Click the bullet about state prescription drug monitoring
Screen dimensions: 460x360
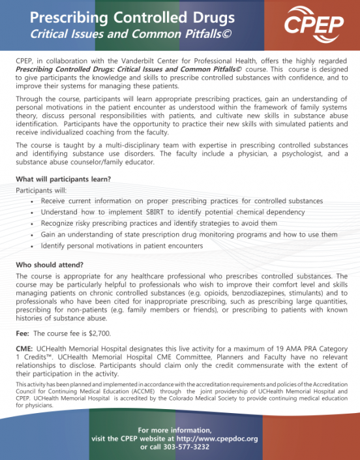[189, 234]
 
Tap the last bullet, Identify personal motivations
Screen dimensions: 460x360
[122, 245]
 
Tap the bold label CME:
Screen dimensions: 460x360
[25, 350]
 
